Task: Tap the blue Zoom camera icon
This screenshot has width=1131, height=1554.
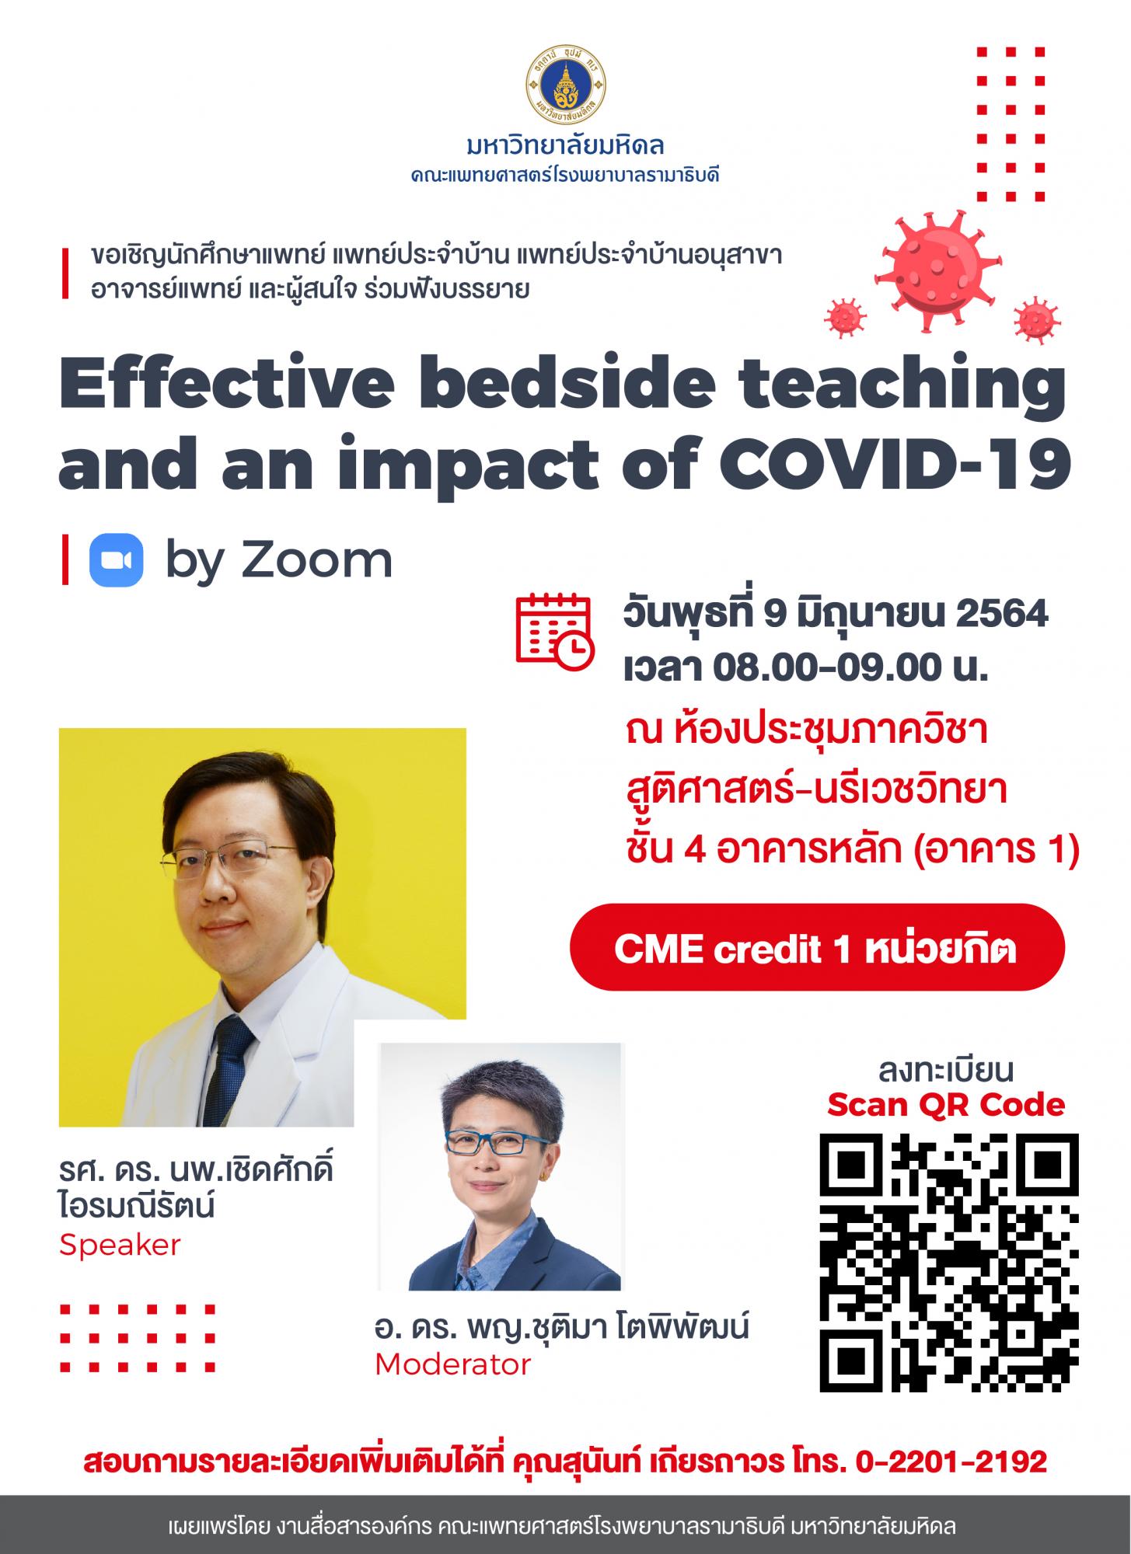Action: pyautogui.click(x=117, y=559)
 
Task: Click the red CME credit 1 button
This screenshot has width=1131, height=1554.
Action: pyautogui.click(x=816, y=947)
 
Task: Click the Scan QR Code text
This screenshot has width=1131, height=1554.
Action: pyautogui.click(x=945, y=1104)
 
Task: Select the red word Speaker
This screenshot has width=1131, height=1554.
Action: pyautogui.click(x=120, y=1246)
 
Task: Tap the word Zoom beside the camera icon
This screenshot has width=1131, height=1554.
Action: pyautogui.click(x=316, y=560)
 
